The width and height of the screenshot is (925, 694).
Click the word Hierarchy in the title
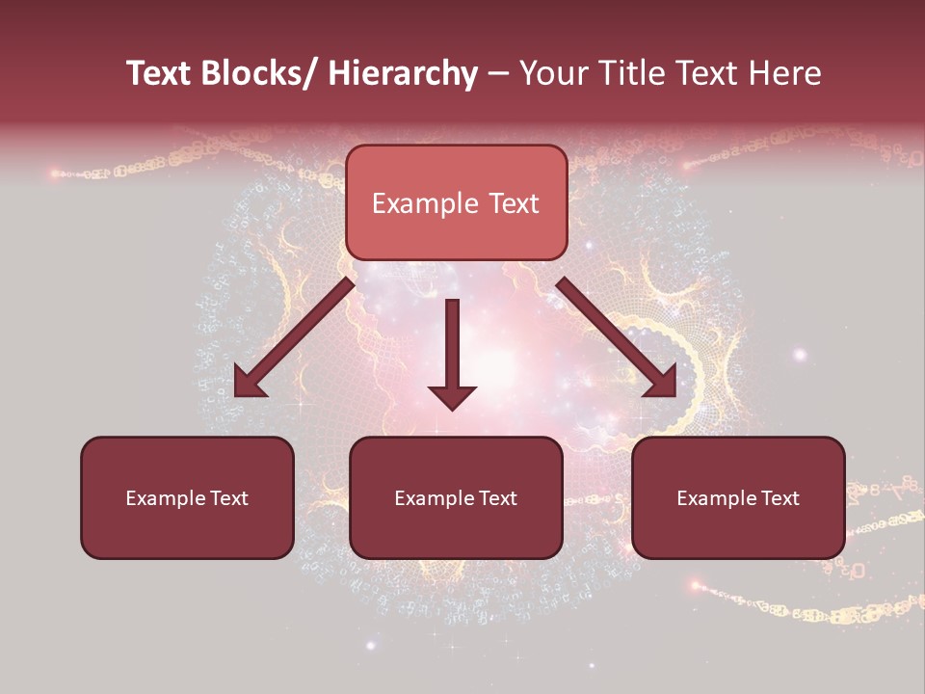click(x=402, y=73)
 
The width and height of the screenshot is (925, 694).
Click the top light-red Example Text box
click(x=456, y=202)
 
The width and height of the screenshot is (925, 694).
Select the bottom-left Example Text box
click(x=187, y=497)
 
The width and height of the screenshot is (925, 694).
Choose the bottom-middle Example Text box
click(x=456, y=497)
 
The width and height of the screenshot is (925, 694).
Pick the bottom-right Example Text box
click(x=738, y=497)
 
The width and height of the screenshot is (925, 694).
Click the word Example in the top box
click(x=425, y=203)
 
